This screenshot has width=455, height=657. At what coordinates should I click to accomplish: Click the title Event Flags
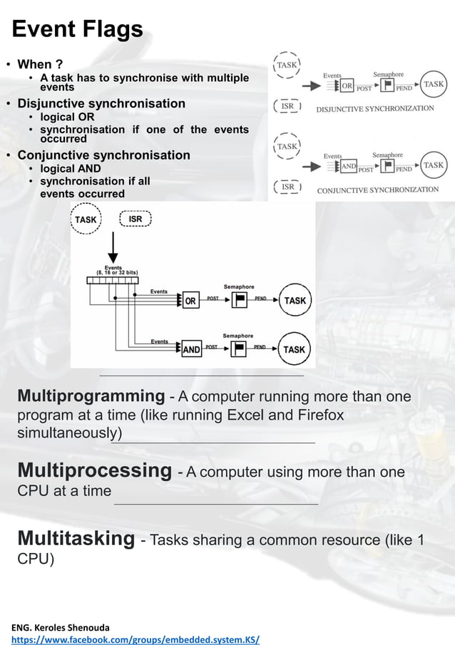point(77,30)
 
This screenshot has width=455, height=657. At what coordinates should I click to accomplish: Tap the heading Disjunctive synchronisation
point(101,103)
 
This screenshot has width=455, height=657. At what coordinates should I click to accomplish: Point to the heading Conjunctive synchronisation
point(103,155)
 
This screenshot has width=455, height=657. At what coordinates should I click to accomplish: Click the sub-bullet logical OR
point(67,117)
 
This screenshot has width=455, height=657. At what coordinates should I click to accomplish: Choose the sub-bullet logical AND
point(70,169)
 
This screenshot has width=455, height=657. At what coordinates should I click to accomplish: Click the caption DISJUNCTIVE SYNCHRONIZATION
point(374,109)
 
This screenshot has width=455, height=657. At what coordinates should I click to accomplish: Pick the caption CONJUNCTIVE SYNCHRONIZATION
point(377,190)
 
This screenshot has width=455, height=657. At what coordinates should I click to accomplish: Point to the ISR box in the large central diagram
point(136,219)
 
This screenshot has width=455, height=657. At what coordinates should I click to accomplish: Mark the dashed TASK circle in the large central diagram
point(86,219)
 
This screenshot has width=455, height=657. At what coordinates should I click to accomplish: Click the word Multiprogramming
point(91,396)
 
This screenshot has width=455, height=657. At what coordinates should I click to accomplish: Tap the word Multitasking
point(76,539)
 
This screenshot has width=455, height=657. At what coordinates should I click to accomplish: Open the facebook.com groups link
point(136,640)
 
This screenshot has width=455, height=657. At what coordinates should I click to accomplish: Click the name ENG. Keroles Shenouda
point(61,627)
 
